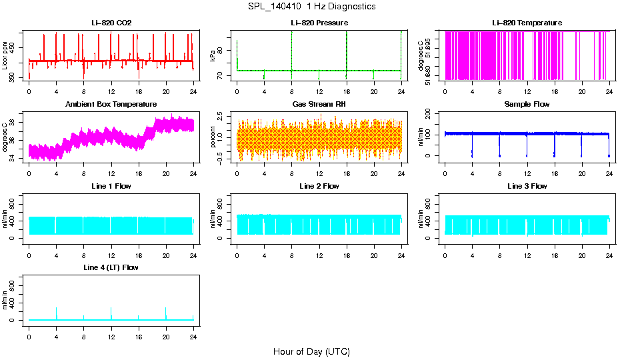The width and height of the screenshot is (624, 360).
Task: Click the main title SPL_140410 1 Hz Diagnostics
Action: pos(311,7)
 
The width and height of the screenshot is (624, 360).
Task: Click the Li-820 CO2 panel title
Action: pos(111,23)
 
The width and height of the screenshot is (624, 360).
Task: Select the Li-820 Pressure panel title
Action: pos(319,23)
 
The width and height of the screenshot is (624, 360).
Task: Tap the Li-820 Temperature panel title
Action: pos(527,23)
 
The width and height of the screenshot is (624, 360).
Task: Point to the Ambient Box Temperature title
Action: pos(111,104)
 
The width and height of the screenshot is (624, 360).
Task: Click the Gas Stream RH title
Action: pos(319,104)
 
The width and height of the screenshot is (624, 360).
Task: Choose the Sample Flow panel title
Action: pos(527,104)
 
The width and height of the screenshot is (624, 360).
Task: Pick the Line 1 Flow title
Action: pos(111,186)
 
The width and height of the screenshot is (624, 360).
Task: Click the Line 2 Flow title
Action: pos(319,186)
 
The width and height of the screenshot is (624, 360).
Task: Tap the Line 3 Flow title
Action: pos(527,186)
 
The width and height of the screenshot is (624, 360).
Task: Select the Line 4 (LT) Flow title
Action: pos(111,267)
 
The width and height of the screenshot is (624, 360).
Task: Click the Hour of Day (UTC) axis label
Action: pos(311,351)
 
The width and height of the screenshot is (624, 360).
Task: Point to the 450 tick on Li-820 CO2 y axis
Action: pos(15,47)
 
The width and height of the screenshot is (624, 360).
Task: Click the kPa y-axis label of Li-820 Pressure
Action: pos(213,56)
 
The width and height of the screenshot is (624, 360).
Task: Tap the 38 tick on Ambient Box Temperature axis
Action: pos(15,115)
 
